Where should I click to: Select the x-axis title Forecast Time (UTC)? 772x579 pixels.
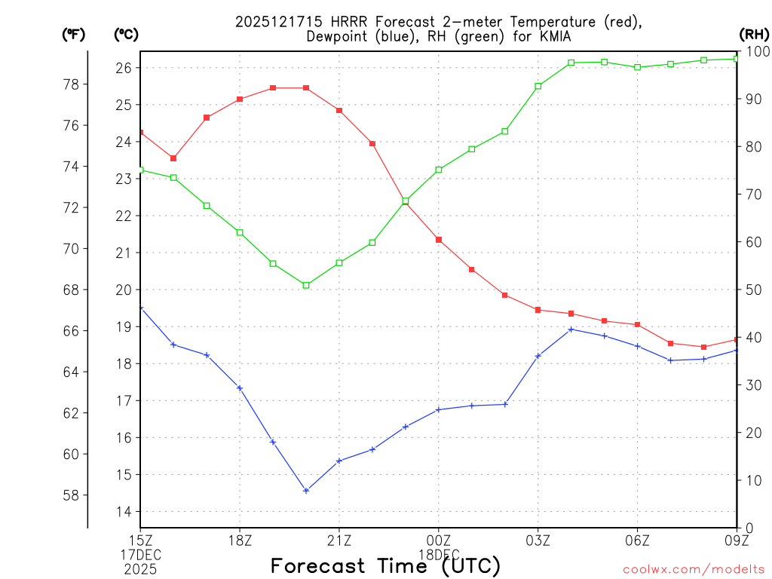coord(385,565)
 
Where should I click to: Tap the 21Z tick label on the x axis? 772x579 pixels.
coord(339,539)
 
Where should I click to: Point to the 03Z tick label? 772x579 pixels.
coord(538,539)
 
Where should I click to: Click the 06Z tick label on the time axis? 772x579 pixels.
coord(637,539)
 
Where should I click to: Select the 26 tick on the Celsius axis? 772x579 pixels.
coord(124,68)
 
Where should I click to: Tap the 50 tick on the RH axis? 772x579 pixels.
coord(752,289)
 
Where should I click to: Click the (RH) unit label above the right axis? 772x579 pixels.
coord(754,34)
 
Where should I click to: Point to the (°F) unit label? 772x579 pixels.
coord(74,34)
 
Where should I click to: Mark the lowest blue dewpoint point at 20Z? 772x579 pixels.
coord(306,491)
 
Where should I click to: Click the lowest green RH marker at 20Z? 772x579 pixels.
coord(306,285)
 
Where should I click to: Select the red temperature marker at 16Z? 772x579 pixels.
coord(173,158)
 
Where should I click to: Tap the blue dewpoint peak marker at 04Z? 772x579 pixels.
coord(571,329)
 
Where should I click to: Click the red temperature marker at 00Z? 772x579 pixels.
coord(438,240)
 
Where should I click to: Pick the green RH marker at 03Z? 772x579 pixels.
coord(538,86)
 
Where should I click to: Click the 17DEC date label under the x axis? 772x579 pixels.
coord(141,553)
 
